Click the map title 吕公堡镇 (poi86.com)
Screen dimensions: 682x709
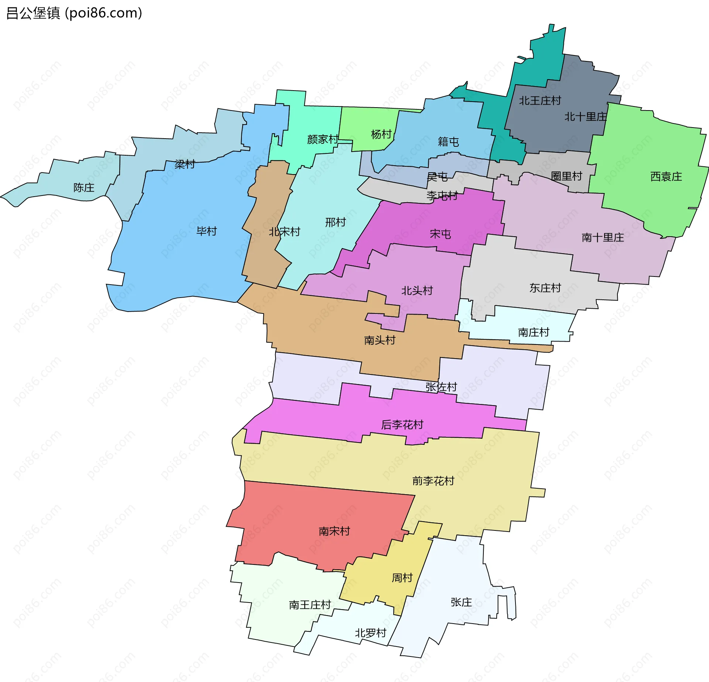(x=74, y=13)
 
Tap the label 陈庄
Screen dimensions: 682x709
(x=84, y=188)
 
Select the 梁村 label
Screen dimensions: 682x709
(x=185, y=164)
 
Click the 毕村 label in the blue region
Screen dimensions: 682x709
(x=206, y=231)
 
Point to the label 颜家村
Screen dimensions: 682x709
(x=322, y=139)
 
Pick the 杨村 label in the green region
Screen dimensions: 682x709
(x=381, y=134)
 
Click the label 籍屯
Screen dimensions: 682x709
(x=448, y=142)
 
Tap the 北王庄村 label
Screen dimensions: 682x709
(x=540, y=101)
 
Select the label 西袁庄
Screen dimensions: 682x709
(x=666, y=177)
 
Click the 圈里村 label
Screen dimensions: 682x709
(x=566, y=176)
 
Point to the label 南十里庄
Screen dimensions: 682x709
(x=603, y=237)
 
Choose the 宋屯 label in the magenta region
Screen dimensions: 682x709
(x=440, y=234)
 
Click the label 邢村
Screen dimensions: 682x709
(x=335, y=222)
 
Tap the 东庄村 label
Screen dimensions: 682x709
(x=545, y=288)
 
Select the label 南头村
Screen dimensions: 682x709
(x=380, y=340)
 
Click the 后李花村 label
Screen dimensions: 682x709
(x=402, y=425)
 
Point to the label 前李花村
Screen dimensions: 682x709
(x=433, y=481)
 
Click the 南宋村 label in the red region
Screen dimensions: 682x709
(x=334, y=531)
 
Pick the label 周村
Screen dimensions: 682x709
(x=402, y=578)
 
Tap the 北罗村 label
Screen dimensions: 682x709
(x=370, y=633)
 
